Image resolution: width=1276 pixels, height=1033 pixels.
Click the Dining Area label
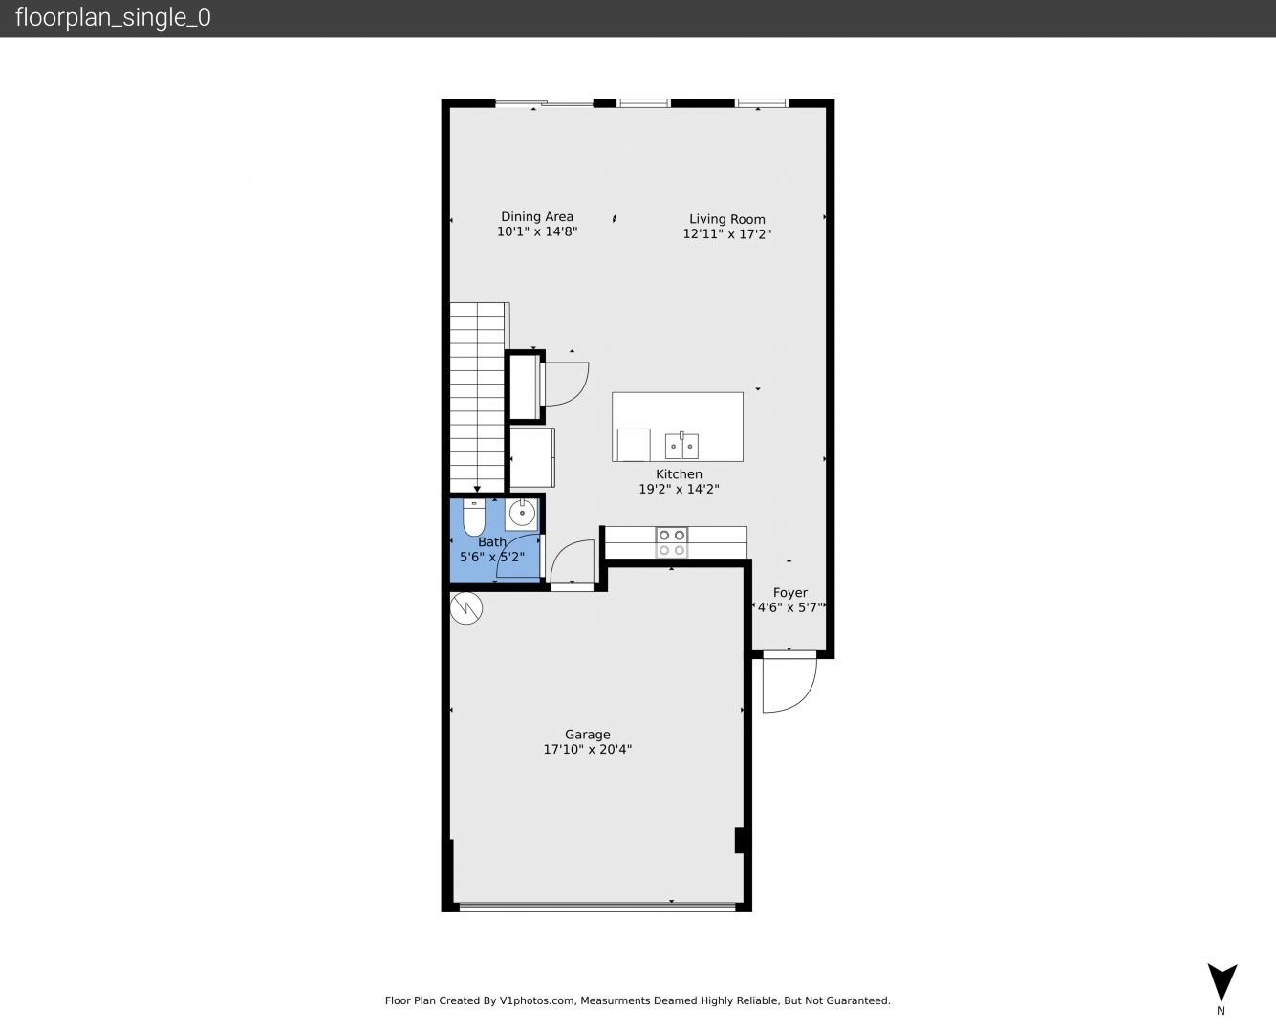[537, 216]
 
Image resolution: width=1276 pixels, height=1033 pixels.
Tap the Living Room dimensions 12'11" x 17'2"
[726, 233]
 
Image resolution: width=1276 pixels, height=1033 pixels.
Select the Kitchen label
[679, 473]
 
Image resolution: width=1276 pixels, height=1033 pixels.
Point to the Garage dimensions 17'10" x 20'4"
[587, 749]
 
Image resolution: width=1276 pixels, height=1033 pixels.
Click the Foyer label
[790, 592]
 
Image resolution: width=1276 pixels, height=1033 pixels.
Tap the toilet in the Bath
[474, 517]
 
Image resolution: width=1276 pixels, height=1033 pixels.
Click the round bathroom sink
[522, 514]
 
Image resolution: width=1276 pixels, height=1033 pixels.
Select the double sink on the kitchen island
[681, 445]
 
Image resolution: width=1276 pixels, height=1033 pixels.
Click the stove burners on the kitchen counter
[672, 542]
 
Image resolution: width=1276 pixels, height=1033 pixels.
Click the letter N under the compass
[1221, 1011]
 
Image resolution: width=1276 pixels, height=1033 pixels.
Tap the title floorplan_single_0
[113, 17]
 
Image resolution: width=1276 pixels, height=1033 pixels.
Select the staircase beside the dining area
[478, 398]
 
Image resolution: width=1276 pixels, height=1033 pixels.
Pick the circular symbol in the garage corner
[466, 608]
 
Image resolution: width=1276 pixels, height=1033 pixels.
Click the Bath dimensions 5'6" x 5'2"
[492, 557]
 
